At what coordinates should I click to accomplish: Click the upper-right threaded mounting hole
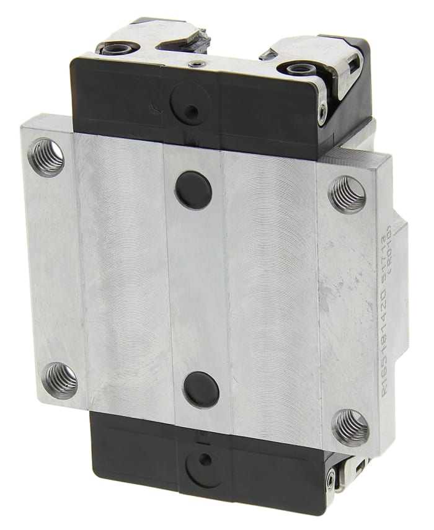[x=347, y=195]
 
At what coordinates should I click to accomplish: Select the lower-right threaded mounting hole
[x=350, y=427]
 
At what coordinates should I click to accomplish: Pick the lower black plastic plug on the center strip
[x=201, y=389]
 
